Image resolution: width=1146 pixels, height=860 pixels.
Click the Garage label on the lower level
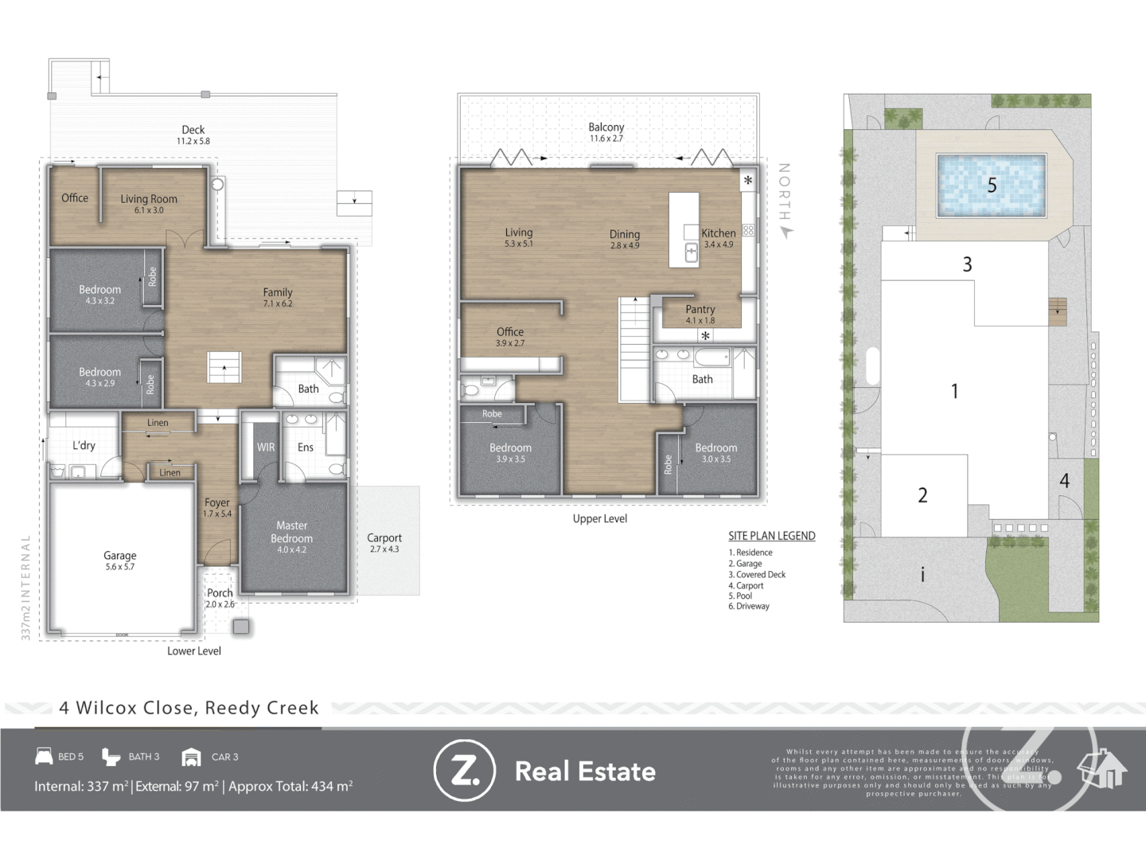120,556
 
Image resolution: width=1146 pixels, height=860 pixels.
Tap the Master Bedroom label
291,532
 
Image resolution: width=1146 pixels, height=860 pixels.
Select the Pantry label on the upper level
700,309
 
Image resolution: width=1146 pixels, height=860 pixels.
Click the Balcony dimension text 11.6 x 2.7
606,139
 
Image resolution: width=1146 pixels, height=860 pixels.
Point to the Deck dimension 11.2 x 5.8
193,141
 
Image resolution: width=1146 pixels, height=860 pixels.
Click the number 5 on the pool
992,186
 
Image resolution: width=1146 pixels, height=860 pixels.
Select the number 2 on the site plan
922,495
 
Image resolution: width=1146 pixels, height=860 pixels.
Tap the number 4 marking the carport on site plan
1064,481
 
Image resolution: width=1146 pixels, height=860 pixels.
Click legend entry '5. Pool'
740,596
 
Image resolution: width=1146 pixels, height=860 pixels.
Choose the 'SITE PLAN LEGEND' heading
771,536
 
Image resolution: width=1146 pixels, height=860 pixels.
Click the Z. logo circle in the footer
464,771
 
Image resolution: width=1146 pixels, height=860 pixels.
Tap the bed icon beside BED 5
44,756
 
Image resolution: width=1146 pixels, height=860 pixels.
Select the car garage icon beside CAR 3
191,756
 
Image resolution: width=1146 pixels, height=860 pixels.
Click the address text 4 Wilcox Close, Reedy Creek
189,708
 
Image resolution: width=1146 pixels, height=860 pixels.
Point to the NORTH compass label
784,193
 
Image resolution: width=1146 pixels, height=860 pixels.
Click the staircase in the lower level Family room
225,367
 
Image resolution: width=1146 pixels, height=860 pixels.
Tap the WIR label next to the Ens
266,448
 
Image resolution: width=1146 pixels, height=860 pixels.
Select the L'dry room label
84,445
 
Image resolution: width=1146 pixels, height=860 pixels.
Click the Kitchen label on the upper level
718,233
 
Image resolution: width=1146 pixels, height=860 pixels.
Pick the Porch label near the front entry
220,593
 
